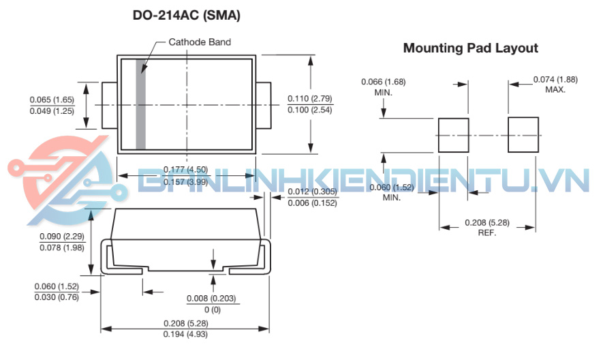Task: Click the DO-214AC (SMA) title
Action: click(186, 14)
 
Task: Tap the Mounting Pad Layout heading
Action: click(470, 48)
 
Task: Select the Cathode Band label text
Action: click(200, 42)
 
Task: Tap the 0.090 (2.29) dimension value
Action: click(63, 236)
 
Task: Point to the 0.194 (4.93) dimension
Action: click(185, 334)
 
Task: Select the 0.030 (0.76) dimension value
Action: click(57, 297)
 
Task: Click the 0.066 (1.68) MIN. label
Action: click(383, 82)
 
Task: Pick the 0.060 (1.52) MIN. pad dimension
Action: click(391, 187)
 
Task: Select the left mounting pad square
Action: click(452, 135)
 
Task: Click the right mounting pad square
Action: click(523, 135)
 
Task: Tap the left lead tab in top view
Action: click(109, 105)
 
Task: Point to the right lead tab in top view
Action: click(263, 105)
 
